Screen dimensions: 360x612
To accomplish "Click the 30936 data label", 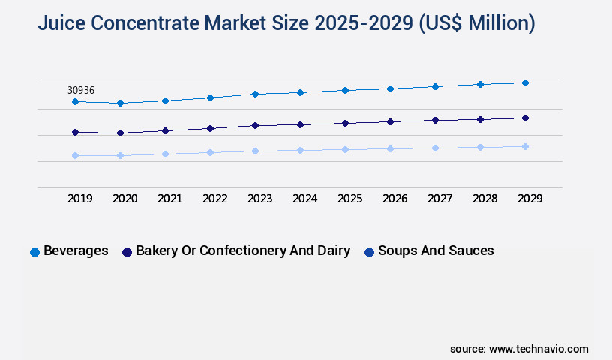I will pyautogui.click(x=81, y=90).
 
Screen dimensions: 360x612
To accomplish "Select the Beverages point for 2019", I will pyautogui.click(x=75, y=101).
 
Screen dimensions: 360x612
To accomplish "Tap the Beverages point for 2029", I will pyautogui.click(x=525, y=82).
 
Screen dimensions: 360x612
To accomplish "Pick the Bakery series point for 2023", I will pyautogui.click(x=255, y=125).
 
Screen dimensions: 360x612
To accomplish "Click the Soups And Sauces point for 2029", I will pyautogui.click(x=525, y=146).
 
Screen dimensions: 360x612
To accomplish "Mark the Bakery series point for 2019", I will pyautogui.click(x=75, y=132).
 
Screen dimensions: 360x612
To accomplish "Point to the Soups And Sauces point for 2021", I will pyautogui.click(x=165, y=154).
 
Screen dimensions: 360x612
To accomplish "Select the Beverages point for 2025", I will pyautogui.click(x=345, y=90).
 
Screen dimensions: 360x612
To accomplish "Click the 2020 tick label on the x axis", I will pyautogui.click(x=124, y=199).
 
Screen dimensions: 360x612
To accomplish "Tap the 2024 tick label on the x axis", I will pyautogui.click(x=304, y=199).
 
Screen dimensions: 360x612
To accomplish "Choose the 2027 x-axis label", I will pyautogui.click(x=439, y=199).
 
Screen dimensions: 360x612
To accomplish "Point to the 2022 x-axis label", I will pyautogui.click(x=214, y=199).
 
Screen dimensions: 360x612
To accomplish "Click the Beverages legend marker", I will pyautogui.click(x=34, y=252).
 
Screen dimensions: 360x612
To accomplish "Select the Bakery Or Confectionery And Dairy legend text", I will pyautogui.click(x=243, y=250).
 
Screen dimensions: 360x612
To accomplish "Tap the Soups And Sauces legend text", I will pyautogui.click(x=436, y=250).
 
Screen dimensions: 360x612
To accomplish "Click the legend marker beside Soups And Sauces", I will pyautogui.click(x=369, y=252).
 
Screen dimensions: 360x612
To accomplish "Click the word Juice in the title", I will pyautogui.click(x=63, y=24).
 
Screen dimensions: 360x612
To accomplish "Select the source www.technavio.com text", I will pyautogui.click(x=519, y=349).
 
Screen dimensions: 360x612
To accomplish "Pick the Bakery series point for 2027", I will pyautogui.click(x=435, y=120).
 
